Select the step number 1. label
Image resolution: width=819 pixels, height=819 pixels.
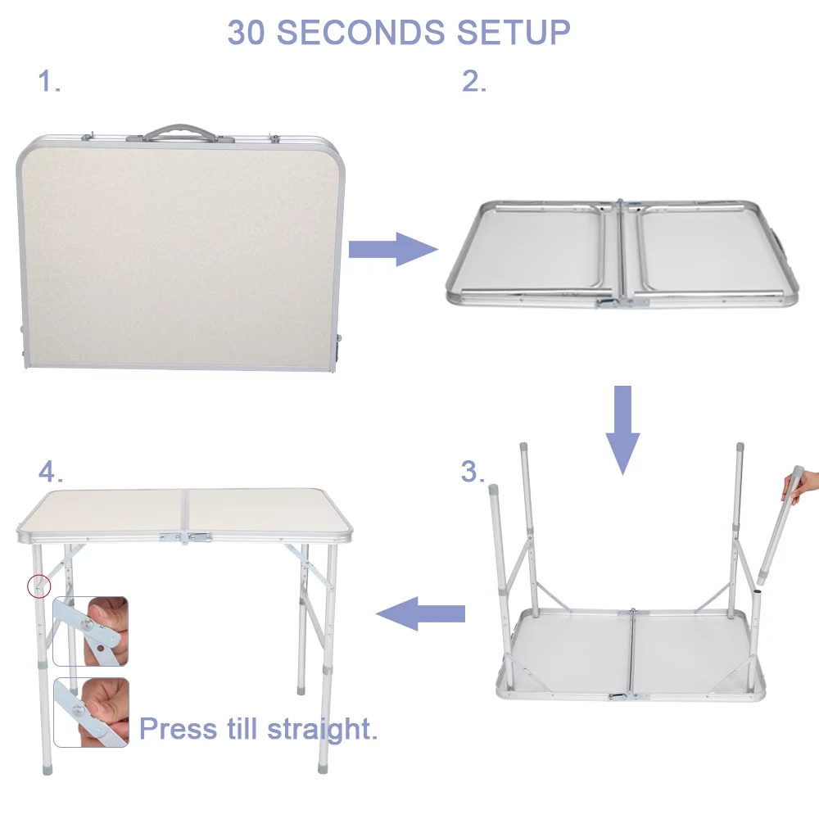tap(49, 82)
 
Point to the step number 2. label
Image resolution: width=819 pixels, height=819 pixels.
tap(474, 82)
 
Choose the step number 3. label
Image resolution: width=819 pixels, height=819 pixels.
tap(473, 472)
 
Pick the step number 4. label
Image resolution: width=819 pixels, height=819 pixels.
tap(50, 472)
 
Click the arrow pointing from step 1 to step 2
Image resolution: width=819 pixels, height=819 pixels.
tap(392, 249)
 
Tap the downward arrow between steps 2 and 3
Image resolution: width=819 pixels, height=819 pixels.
tap(623, 428)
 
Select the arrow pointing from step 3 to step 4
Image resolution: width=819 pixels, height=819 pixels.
tap(420, 613)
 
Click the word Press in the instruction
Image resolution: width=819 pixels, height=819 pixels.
tap(178, 728)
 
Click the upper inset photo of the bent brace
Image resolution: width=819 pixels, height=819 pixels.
tap(91, 631)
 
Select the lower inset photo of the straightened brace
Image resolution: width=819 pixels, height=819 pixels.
tap(91, 712)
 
